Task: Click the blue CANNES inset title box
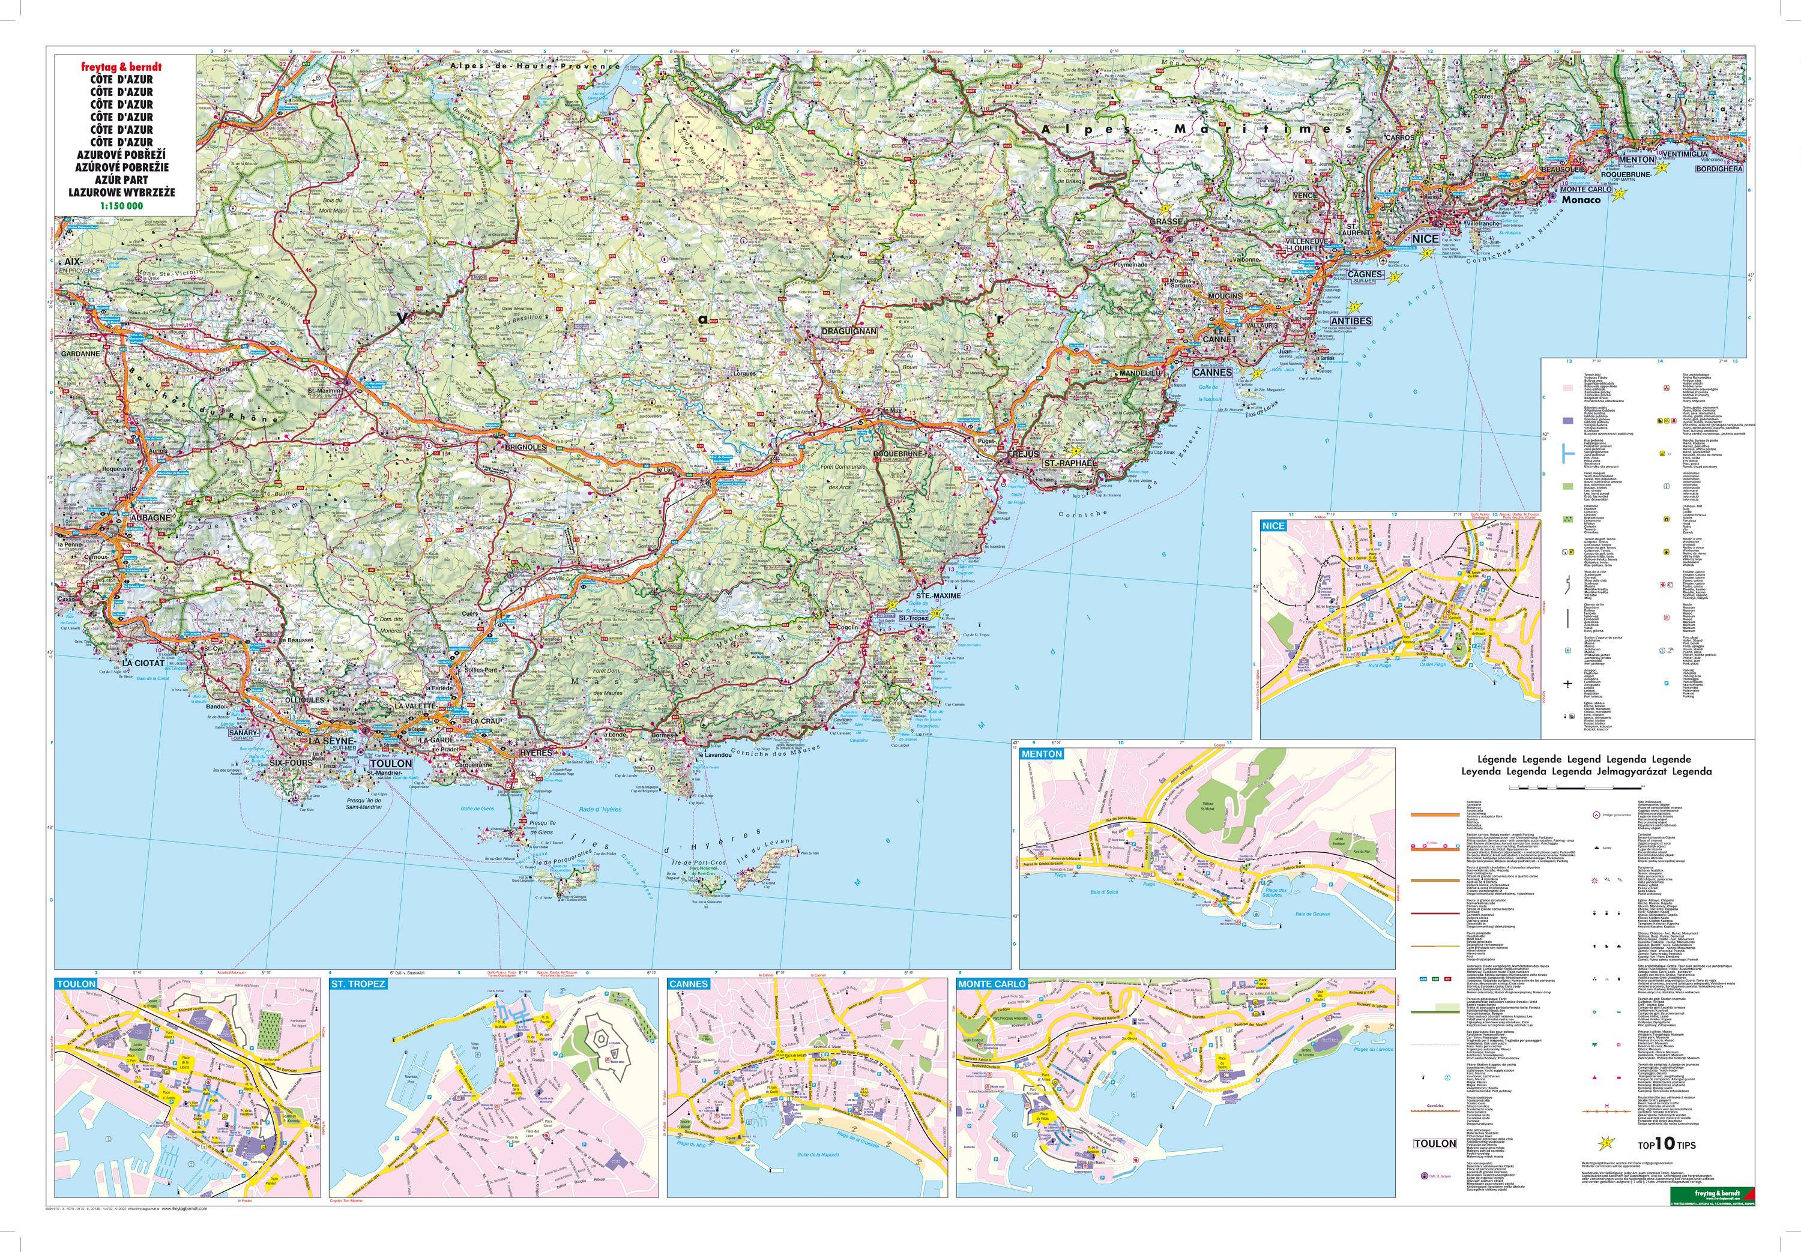[x=688, y=984]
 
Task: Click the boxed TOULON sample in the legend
[x=1435, y=1144]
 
